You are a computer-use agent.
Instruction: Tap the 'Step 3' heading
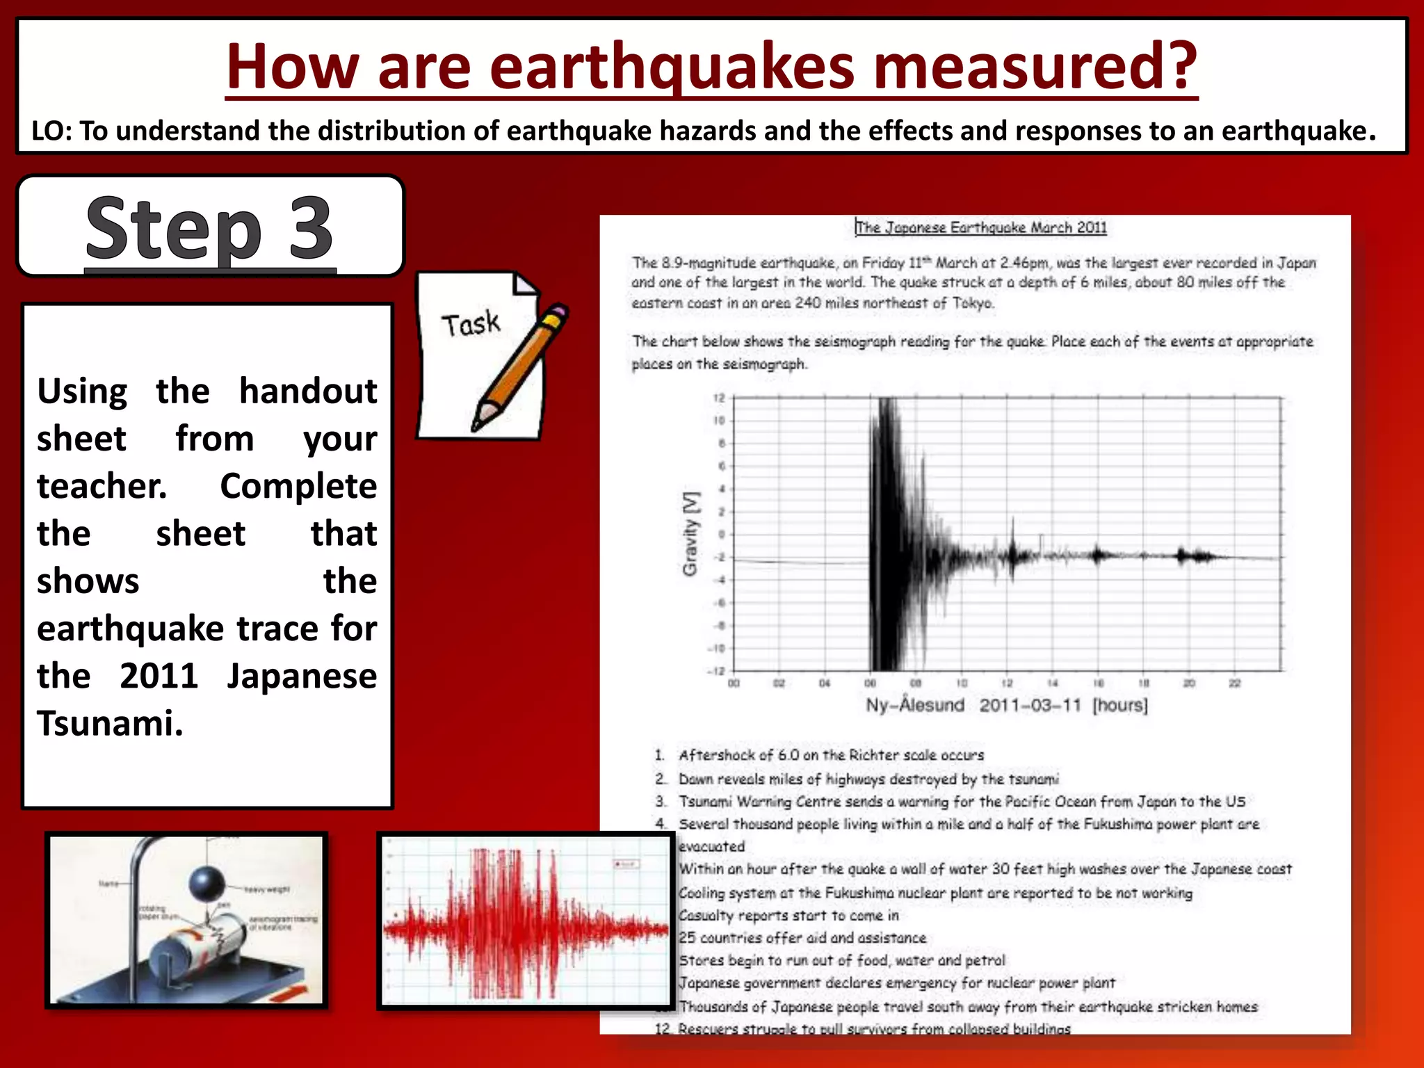[x=209, y=228]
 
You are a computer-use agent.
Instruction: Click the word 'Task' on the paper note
[x=471, y=324]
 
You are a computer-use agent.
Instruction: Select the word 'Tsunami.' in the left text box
[x=110, y=723]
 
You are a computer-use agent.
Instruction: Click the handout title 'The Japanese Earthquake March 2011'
[x=981, y=227]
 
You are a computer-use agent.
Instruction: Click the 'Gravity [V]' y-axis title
[x=690, y=534]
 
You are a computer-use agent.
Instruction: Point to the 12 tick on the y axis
[x=719, y=398]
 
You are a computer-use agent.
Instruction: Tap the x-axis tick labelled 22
[x=1234, y=683]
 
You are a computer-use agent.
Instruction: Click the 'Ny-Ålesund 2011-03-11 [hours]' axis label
[x=1006, y=705]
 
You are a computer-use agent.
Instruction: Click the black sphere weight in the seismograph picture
[x=207, y=883]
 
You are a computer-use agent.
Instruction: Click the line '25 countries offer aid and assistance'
[x=802, y=938]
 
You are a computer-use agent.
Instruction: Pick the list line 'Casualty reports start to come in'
[x=788, y=915]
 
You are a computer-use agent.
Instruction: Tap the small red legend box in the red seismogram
[x=625, y=864]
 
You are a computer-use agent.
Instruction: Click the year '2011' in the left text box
[x=159, y=676]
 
